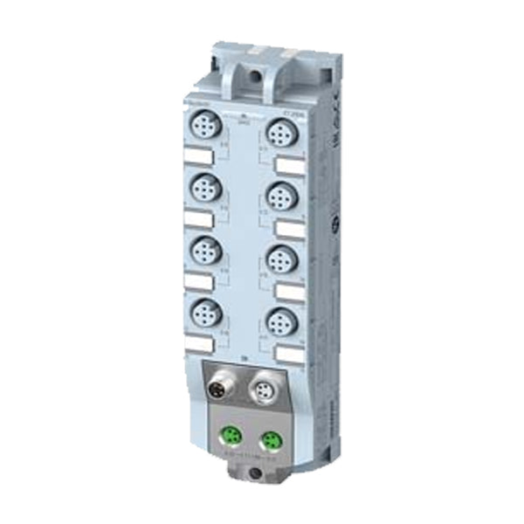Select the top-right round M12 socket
279,134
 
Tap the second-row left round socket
205,189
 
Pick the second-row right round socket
279,194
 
